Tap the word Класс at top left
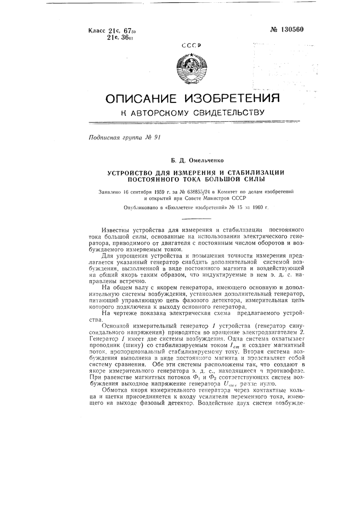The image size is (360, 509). pyautogui.click(x=97, y=31)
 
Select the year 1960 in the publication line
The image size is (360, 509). pyautogui.click(x=250, y=208)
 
